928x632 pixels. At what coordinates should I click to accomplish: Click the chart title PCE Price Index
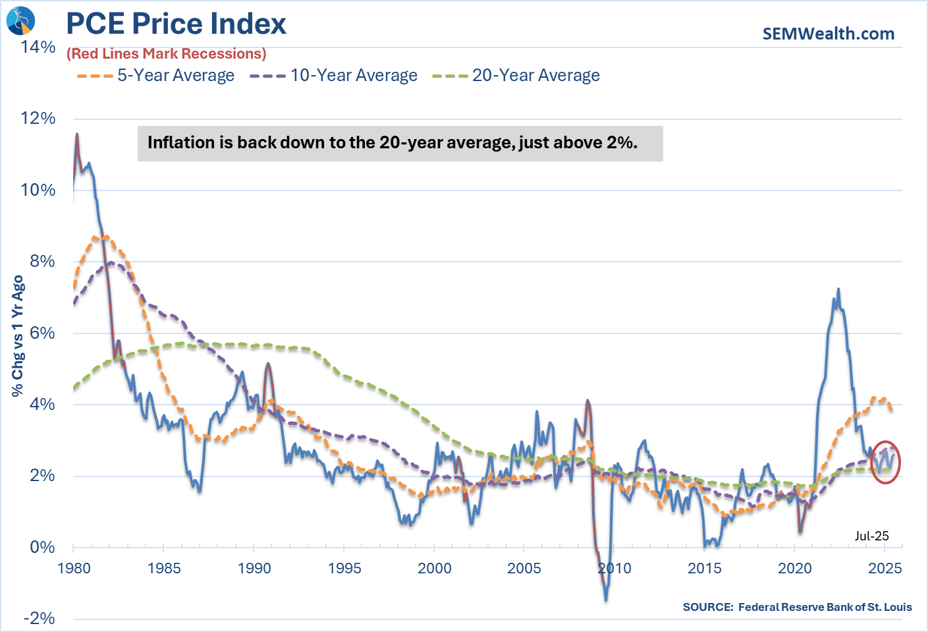coord(176,24)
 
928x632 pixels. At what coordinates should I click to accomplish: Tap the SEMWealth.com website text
coord(828,34)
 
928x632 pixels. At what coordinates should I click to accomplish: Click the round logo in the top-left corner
coord(20,20)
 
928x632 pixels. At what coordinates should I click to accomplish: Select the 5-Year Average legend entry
coord(155,76)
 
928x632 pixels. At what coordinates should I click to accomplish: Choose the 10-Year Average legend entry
coord(333,76)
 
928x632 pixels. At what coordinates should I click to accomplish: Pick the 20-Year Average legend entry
coord(516,76)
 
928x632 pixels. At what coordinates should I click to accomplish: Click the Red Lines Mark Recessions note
coord(166,54)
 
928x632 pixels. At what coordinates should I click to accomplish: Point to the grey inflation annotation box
coord(400,143)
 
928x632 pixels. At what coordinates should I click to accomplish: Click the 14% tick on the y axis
coord(38,47)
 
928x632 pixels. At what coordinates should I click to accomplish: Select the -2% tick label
coord(39,618)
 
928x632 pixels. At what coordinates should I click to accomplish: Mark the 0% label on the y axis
coord(42,547)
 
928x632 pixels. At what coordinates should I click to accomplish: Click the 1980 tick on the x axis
coord(74,568)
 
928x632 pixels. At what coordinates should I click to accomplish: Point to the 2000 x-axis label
coord(434,568)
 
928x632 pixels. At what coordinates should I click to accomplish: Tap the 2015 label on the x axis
coord(705,568)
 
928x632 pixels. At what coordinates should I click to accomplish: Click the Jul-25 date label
coord(871,536)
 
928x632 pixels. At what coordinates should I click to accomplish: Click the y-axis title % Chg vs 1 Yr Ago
coord(18,335)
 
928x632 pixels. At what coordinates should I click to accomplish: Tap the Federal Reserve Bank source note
coord(797,607)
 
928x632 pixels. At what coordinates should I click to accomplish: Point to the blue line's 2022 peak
coord(838,289)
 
